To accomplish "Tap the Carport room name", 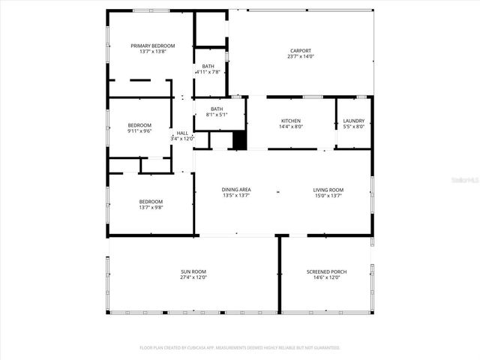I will click(x=301, y=51).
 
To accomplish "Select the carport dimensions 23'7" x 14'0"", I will click(x=301, y=57).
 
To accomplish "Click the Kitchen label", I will click(x=291, y=121).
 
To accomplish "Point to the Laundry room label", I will click(x=353, y=121).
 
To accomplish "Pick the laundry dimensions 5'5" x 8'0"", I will click(x=353, y=127).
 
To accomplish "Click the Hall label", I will click(x=182, y=133).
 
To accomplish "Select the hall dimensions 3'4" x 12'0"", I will click(x=182, y=139).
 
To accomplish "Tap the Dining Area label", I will click(x=235, y=190).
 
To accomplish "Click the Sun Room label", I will click(x=193, y=271).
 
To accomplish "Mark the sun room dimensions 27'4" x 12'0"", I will click(x=193, y=277).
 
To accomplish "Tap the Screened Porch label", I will click(x=326, y=271).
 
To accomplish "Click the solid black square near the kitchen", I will click(x=239, y=140).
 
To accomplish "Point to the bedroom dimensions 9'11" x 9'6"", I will click(x=139, y=131).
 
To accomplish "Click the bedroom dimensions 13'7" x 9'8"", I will click(x=151, y=208).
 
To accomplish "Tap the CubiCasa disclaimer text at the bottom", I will click(x=240, y=348).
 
